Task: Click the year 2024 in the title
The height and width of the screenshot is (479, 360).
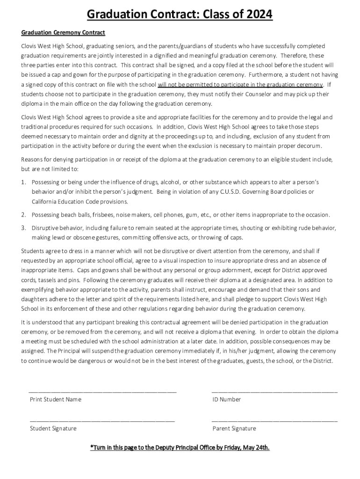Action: coord(256,15)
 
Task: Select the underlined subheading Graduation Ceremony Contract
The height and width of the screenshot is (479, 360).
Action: coord(63,33)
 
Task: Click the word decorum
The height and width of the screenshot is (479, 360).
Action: coord(307,146)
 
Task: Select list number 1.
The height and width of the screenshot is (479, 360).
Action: coord(23,182)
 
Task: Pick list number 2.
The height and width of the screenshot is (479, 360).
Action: coord(23,215)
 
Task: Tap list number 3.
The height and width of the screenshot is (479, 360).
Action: coord(23,228)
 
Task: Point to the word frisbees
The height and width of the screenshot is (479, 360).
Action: coord(100,215)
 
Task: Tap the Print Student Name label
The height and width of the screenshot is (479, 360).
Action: coord(56,399)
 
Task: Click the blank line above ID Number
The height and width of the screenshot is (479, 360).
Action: coord(274,392)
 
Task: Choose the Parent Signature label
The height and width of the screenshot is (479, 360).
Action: coord(234,428)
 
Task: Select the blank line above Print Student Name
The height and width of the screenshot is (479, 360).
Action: coord(102,392)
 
